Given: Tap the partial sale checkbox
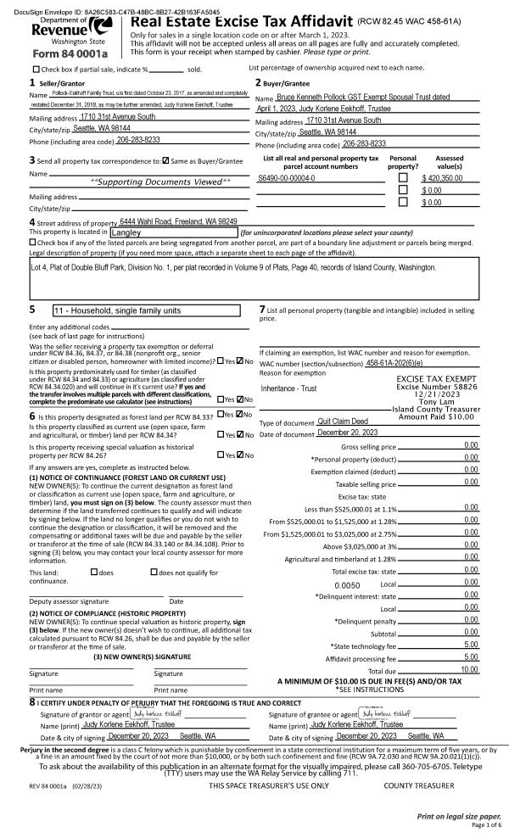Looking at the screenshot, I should tap(36, 69).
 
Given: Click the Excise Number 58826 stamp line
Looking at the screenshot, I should tap(432, 387).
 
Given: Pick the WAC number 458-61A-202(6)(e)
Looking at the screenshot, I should tap(410, 363).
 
